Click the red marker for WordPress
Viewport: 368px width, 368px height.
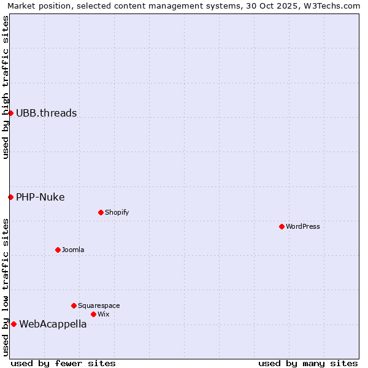[x=282, y=226]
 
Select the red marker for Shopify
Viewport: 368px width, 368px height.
[x=101, y=212]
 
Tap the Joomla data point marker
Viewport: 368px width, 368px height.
[x=58, y=250]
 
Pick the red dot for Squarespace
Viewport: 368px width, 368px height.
[x=74, y=305]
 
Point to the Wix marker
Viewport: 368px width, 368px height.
[x=93, y=314]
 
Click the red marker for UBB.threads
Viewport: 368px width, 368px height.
[x=10, y=113]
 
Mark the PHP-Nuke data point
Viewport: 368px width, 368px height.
[x=10, y=197]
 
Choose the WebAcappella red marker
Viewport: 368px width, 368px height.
[x=13, y=324]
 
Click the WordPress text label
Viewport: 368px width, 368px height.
[x=303, y=226]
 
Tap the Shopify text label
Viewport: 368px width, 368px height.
[x=117, y=212]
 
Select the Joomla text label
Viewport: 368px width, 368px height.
[x=73, y=250]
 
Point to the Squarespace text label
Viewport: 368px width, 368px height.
[x=99, y=305]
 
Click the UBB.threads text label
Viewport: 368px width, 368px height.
[x=47, y=113]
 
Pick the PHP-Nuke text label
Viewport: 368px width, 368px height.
[x=40, y=197]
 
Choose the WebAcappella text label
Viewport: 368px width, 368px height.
[x=53, y=324]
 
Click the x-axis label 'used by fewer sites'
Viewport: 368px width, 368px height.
[x=63, y=363]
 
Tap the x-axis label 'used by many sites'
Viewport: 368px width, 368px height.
[x=308, y=363]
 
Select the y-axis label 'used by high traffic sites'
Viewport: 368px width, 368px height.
[x=6, y=87]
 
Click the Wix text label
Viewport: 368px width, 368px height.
[x=104, y=314]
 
